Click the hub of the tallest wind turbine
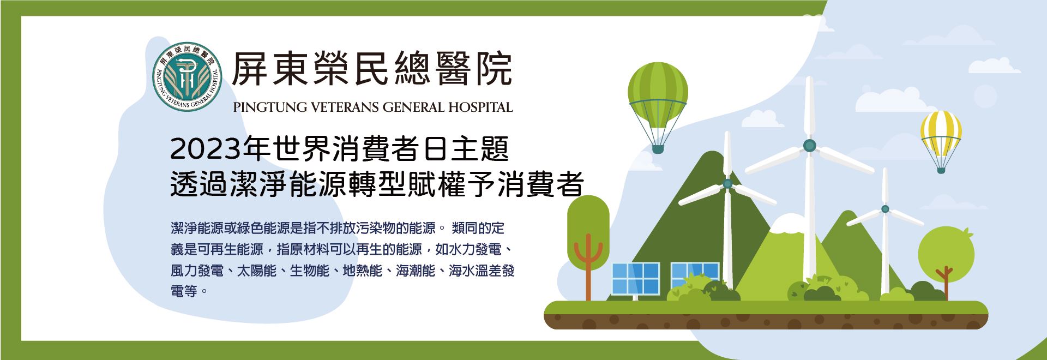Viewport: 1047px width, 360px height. click(809, 145)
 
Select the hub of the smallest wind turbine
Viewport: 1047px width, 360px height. click(885, 209)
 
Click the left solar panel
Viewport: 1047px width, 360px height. click(636, 279)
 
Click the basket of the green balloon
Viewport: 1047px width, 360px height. click(658, 149)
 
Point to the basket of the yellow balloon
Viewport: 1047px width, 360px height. click(941, 170)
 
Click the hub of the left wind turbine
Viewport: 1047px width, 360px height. click(727, 184)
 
